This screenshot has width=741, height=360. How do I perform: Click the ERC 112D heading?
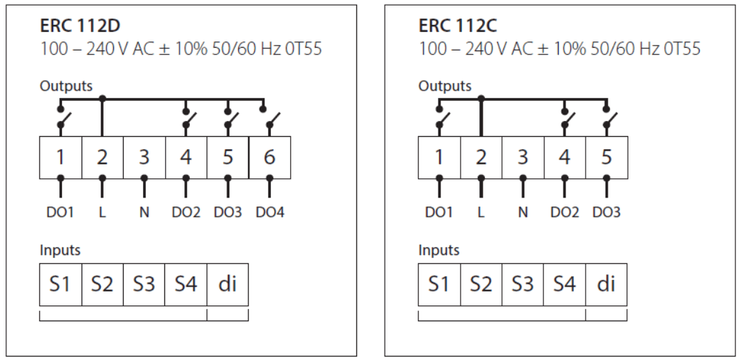click(x=80, y=26)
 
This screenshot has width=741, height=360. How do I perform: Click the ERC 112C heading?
click(x=459, y=26)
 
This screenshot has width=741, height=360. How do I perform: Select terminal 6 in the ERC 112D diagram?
click(x=269, y=157)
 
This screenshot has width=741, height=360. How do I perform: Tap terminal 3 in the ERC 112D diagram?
click(x=144, y=157)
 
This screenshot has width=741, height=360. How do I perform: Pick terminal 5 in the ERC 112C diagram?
click(x=606, y=157)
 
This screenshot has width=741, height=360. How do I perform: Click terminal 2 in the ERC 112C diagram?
click(x=481, y=157)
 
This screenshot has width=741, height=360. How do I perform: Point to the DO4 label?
click(x=269, y=213)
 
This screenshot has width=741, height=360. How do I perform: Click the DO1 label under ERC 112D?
click(x=60, y=213)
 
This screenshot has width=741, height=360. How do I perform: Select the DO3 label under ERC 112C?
click(x=606, y=213)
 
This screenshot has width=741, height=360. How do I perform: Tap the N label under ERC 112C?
click(x=523, y=213)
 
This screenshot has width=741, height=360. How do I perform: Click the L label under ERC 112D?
click(x=102, y=213)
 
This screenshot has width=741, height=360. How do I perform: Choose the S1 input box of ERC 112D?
click(x=60, y=284)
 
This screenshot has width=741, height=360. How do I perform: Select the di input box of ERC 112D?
click(x=227, y=284)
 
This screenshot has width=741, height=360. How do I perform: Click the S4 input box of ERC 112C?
click(x=564, y=284)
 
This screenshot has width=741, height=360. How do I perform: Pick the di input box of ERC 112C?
click(x=606, y=284)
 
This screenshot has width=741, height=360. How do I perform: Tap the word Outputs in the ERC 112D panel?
click(x=66, y=86)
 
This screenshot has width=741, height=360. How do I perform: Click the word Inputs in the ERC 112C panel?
click(x=439, y=250)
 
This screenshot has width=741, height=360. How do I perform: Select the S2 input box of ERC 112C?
click(x=481, y=284)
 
